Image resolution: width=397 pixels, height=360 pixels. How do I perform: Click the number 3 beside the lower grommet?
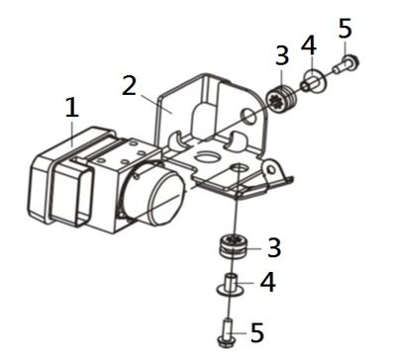pos(274,247)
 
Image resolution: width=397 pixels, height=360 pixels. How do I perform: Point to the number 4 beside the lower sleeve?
pos(267,282)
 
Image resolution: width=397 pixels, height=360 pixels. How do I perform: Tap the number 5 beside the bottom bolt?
pos(257,332)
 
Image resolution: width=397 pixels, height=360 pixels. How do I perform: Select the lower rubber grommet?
pos(233,247)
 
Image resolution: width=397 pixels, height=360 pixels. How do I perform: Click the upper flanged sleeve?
pos(313,82)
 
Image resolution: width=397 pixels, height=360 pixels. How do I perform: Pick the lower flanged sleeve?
pos(231,284)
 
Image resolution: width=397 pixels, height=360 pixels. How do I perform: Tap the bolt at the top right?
pos(347,64)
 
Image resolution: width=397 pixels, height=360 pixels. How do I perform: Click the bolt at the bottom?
pos(227,332)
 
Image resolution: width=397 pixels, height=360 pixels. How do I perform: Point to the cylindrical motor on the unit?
pos(154,195)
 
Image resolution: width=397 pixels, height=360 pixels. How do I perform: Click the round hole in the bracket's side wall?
pos(248,115)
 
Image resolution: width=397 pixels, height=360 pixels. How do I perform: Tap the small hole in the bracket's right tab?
pos(271,170)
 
